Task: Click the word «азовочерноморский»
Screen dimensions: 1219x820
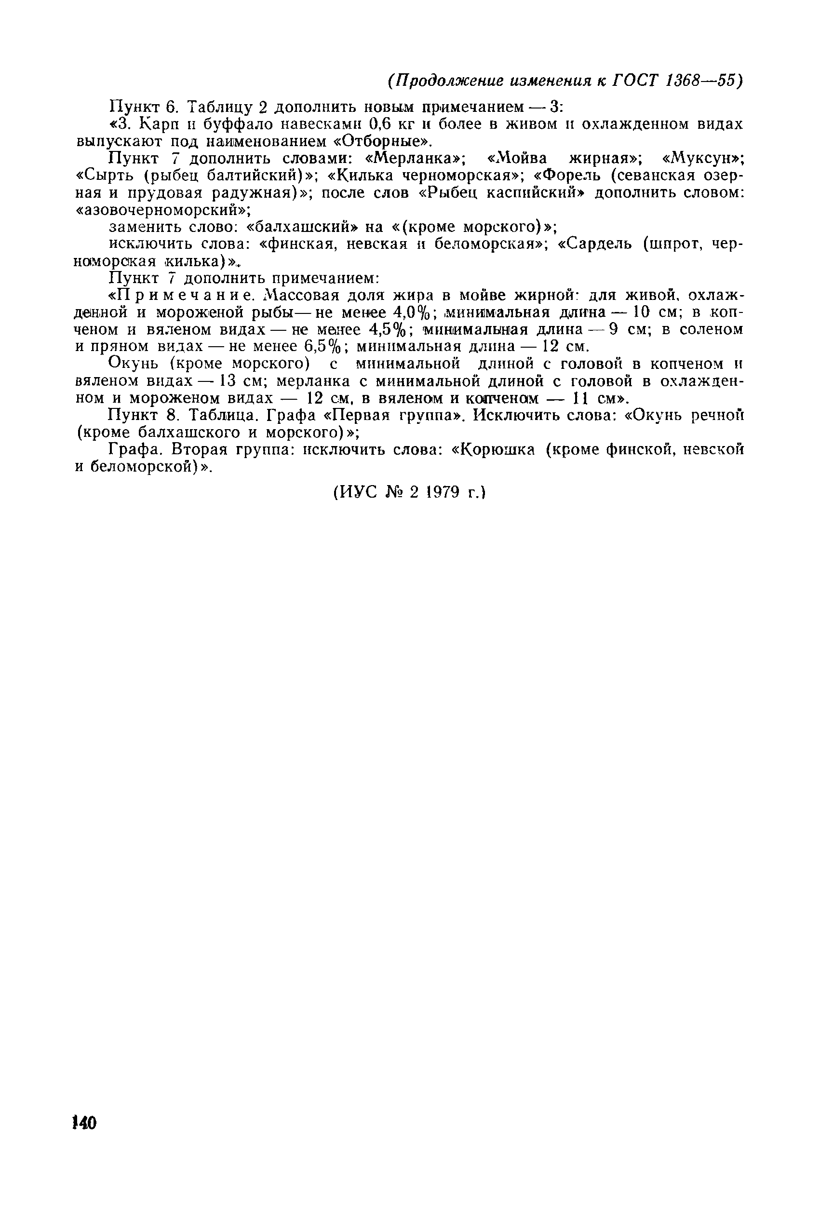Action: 162,210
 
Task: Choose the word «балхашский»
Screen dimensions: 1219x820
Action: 303,227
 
